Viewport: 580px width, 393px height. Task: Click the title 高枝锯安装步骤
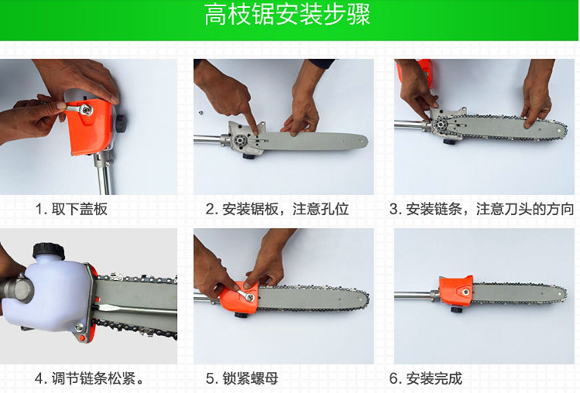point(287,15)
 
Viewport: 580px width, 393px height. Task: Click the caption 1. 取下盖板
point(72,210)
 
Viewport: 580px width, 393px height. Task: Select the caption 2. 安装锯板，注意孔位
point(278,210)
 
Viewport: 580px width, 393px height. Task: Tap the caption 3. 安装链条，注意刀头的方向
point(482,210)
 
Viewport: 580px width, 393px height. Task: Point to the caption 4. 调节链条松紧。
point(89,378)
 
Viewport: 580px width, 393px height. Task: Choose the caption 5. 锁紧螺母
point(242,378)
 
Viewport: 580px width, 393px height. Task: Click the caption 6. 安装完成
point(426,378)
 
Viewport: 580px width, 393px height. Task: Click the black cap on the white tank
point(49,251)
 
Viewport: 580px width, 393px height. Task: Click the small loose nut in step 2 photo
point(200,111)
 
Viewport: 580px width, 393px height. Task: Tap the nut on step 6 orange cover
point(466,292)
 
